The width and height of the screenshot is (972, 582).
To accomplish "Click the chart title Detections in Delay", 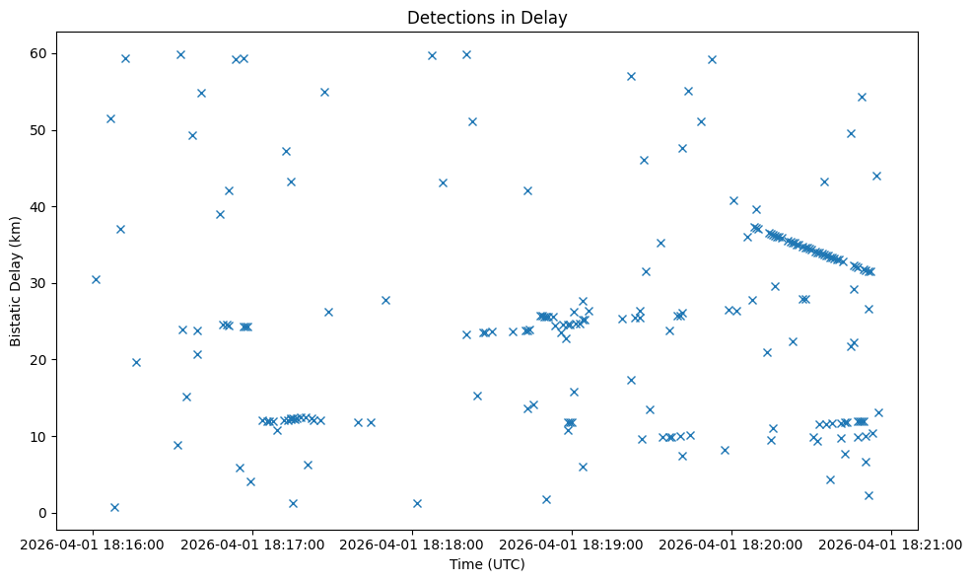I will click(487, 18).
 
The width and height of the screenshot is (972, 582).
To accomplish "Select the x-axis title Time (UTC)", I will click(487, 564).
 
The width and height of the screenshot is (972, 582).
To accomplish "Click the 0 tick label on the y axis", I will click(46, 513).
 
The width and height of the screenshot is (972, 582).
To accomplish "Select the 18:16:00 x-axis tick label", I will click(93, 543).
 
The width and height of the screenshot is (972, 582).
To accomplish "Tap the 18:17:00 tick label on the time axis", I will click(252, 543).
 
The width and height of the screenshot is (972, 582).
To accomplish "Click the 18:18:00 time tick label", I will click(412, 543).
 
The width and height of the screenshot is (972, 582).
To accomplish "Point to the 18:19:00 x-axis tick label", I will click(572, 543).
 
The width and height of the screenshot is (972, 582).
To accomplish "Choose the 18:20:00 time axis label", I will click(731, 543).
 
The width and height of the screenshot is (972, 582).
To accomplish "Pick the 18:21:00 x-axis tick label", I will click(891, 543).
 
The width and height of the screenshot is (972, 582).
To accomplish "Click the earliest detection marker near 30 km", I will click(96, 279).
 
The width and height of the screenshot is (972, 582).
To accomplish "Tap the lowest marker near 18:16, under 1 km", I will click(114, 507).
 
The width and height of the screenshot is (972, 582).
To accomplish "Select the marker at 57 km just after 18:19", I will click(631, 76).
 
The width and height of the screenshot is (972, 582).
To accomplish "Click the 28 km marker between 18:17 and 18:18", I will click(385, 300).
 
